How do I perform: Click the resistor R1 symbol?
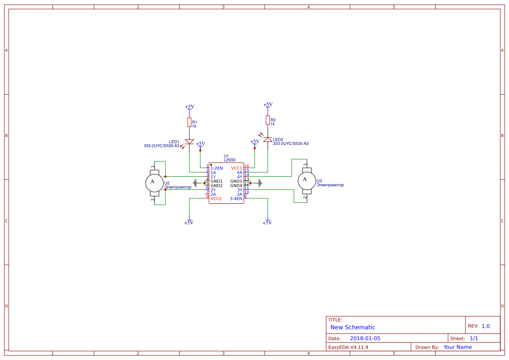189,122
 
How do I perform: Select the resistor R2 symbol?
268,120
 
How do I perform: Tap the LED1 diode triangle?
189,142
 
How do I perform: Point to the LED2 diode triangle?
268,140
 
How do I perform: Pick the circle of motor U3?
306,180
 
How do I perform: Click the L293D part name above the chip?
229,160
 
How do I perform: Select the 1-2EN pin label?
216,168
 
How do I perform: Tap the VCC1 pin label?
236,168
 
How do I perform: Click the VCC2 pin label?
216,199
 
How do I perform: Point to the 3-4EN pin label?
236,199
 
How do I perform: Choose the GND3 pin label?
236,181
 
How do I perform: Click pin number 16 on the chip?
246,166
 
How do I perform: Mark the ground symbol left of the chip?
195,183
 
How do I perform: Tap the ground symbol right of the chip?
260,183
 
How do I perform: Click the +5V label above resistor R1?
189,107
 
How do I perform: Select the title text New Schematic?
353,327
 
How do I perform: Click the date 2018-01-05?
365,338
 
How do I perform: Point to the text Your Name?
458,347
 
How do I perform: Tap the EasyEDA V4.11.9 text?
348,347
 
